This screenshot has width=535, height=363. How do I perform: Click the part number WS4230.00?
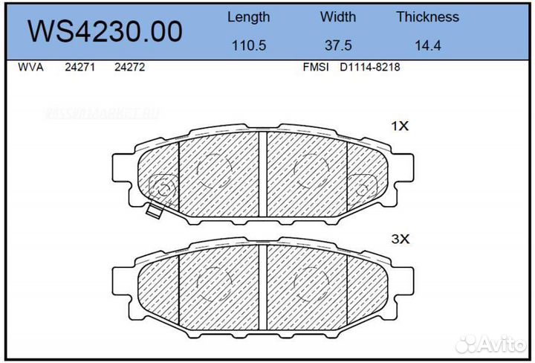104,31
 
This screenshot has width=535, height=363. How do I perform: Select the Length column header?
248,17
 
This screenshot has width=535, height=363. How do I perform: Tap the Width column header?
338,17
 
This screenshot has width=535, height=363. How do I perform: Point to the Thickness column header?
427,17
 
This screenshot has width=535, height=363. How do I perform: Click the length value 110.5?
248,45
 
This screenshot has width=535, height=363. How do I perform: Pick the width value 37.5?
338,45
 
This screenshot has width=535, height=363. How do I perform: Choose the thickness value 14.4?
427,45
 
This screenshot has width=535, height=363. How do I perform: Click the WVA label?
30,67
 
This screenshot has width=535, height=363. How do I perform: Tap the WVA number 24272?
129,67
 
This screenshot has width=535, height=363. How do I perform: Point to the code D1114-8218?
370,67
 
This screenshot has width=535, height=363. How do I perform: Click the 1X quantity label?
400,126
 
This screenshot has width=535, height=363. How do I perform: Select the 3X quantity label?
400,240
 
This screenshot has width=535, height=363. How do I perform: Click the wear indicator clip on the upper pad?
155,211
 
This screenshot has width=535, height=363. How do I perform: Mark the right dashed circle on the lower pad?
309,283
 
